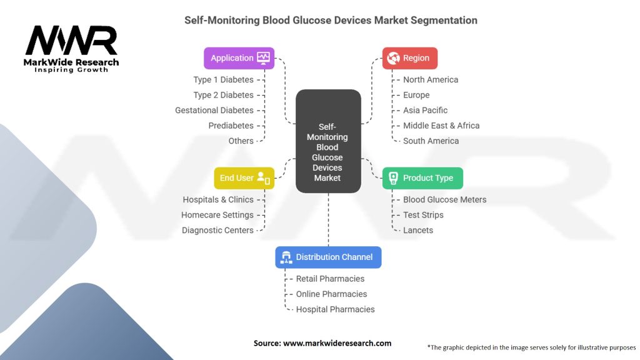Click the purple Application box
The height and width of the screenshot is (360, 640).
pyautogui.click(x=239, y=58)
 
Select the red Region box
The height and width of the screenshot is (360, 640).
pyautogui.click(x=409, y=58)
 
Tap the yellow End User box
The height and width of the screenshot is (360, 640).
pyautogui.click(x=244, y=178)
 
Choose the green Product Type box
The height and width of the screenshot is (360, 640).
pyautogui.click(x=422, y=178)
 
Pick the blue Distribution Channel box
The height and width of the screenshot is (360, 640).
pyautogui.click(x=328, y=257)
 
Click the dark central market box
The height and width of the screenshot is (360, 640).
pyautogui.click(x=328, y=140)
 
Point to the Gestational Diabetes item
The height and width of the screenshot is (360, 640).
pyautogui.click(x=214, y=110)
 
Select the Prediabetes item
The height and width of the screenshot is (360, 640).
pyautogui.click(x=231, y=126)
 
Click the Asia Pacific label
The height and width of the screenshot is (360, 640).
pyautogui.click(x=425, y=110)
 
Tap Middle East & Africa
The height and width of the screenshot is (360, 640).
pyautogui.click(x=441, y=126)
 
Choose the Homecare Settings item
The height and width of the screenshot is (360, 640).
pyautogui.click(x=217, y=215)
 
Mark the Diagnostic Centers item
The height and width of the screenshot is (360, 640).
pyautogui.click(x=217, y=230)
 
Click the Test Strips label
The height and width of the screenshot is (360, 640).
pyautogui.click(x=423, y=215)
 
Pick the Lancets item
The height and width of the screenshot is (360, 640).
pyautogui.click(x=417, y=230)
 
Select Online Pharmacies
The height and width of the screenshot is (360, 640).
pyautogui.click(x=331, y=294)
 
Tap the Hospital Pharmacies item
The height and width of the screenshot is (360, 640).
pyautogui.click(x=335, y=309)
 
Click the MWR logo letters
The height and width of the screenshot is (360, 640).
pyautogui.click(x=71, y=41)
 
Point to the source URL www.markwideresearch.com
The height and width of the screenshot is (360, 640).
pyautogui.click(x=337, y=343)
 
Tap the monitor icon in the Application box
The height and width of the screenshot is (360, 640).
pyautogui.click(x=263, y=58)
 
